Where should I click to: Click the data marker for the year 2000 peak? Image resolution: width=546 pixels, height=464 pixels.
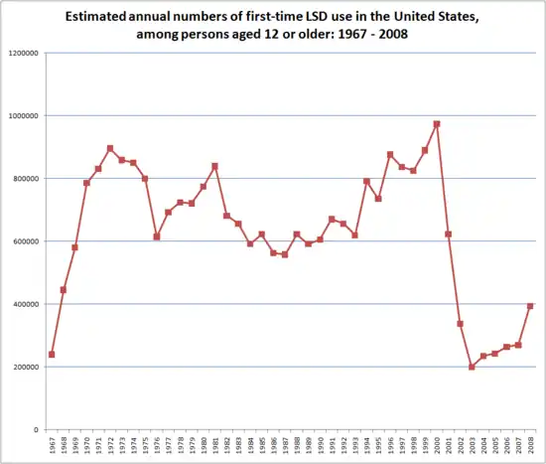click(x=437, y=124)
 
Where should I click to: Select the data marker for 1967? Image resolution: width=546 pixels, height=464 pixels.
click(x=52, y=355)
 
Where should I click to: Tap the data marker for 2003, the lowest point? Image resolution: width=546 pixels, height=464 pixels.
click(x=472, y=367)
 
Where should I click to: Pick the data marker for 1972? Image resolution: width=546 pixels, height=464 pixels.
click(x=110, y=148)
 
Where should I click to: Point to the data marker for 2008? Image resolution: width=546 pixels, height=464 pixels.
click(x=530, y=306)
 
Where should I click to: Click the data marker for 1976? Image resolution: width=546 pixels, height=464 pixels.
click(x=157, y=236)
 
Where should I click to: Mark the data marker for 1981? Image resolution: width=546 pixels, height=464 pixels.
click(x=215, y=166)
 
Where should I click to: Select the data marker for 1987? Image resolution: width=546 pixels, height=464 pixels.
click(x=285, y=254)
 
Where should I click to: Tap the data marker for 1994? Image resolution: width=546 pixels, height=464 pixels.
click(x=366, y=181)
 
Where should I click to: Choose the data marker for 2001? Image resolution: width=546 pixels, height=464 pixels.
click(x=449, y=234)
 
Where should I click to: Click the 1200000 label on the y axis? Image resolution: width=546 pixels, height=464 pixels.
click(x=23, y=53)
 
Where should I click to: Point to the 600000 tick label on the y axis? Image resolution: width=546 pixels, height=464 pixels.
click(x=25, y=241)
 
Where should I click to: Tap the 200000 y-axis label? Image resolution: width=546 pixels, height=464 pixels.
click(x=25, y=368)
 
